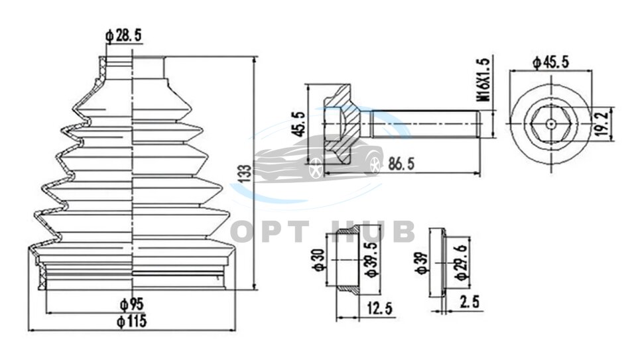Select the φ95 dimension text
(132, 305)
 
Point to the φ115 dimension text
(132, 322)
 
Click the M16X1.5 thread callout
(484, 79)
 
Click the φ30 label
(318, 259)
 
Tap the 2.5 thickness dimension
(470, 303)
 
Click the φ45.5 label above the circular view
(552, 62)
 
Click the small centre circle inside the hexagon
(552, 123)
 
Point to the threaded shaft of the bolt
(424, 123)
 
